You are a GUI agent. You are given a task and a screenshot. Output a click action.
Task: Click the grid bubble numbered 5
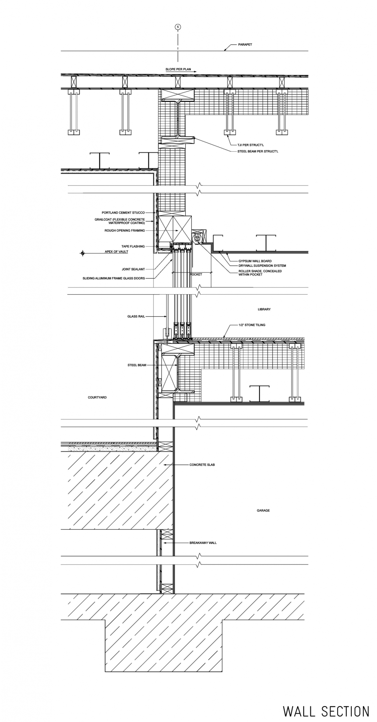tap(178, 27)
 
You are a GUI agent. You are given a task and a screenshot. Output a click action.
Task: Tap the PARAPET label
tap(245, 45)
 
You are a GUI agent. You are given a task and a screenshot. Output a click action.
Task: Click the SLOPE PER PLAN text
tap(178, 69)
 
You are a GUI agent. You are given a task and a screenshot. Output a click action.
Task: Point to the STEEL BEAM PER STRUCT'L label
tap(258, 151)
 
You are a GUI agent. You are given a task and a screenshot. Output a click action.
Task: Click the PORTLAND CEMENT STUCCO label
tap(123, 213)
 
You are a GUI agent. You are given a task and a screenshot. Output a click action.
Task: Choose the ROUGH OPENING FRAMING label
tap(125, 231)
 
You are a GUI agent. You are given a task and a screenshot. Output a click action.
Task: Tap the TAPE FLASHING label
tap(133, 246)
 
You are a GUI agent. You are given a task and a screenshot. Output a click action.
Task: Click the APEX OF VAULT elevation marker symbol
tap(82, 253)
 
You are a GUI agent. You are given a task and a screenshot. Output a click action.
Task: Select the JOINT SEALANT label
tap(133, 269)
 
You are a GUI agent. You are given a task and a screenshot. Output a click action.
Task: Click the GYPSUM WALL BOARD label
tap(255, 261)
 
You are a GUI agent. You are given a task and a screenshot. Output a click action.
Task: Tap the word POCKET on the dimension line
tap(196, 274)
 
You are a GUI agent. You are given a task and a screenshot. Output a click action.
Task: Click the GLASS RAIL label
tap(136, 316)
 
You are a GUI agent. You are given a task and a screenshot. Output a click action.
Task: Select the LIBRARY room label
tap(264, 309)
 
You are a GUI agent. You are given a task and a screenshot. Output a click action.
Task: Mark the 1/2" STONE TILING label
tap(252, 325)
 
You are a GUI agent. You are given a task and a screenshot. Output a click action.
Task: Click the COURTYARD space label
tap(97, 397)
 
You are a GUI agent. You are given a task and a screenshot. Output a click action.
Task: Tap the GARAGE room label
tap(263, 510)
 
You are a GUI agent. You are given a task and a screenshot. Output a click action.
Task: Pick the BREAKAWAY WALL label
tap(203, 543)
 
